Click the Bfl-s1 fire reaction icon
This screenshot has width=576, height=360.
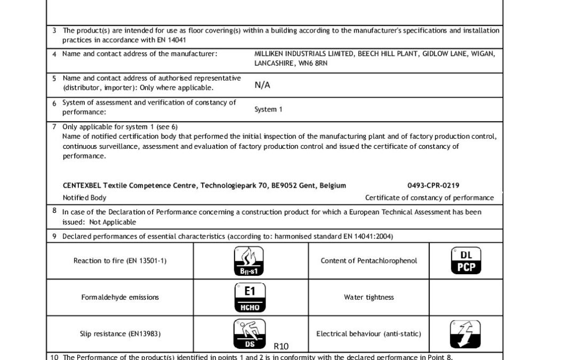click(249, 261)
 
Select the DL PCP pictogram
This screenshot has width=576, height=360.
click(466, 261)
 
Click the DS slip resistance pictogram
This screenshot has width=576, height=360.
click(249, 334)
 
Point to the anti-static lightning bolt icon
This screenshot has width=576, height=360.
click(465, 334)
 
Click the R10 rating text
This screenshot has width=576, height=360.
click(281, 346)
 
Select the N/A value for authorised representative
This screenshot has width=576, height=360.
click(262, 85)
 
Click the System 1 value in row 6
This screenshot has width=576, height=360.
click(269, 109)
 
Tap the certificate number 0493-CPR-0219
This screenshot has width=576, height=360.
click(433, 186)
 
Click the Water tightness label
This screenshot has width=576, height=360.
click(369, 298)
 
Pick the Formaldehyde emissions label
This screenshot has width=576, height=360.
click(120, 298)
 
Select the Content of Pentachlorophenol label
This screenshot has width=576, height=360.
click(369, 261)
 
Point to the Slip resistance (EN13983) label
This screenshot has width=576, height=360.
click(120, 334)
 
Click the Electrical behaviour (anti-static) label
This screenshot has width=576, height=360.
click(369, 334)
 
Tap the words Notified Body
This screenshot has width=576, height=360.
click(84, 198)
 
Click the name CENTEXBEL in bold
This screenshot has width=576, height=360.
click(82, 186)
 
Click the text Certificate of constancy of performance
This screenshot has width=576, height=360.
click(429, 198)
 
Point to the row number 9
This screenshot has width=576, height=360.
click(54, 236)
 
